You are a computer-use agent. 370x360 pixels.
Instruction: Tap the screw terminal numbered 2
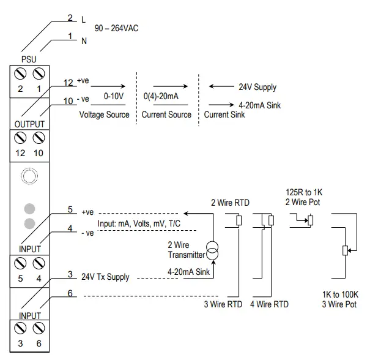[x=20, y=74]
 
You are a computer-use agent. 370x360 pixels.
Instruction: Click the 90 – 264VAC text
[x=116, y=29]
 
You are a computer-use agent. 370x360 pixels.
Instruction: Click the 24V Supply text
[x=257, y=87]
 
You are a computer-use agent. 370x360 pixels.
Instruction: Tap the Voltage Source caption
[x=104, y=114]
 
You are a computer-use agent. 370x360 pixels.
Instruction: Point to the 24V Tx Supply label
[x=105, y=277]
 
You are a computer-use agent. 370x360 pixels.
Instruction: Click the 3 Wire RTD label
[x=223, y=304]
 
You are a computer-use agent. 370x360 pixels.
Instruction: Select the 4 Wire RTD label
[x=269, y=304]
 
